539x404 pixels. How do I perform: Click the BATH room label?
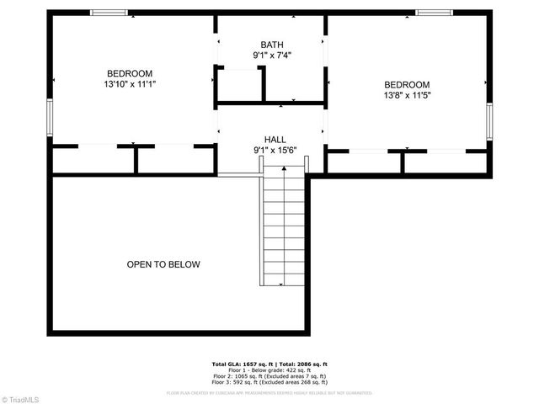(272, 45)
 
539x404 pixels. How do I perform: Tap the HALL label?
(275, 140)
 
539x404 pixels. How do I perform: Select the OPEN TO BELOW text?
(163, 264)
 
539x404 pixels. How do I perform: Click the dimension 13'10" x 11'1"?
(131, 84)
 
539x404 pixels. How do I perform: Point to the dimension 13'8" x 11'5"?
(407, 95)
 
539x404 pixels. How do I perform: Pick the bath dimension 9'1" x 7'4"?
(272, 56)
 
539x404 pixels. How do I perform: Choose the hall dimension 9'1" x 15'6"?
(275, 151)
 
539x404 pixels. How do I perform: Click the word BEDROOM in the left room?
(131, 72)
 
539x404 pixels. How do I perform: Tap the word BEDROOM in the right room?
(407, 84)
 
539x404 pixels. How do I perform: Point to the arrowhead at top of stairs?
(284, 169)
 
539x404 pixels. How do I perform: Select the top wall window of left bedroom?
(109, 13)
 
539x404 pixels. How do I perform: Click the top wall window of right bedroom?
(435, 13)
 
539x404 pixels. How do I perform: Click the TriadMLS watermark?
(22, 398)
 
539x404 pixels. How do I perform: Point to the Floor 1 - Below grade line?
(269, 369)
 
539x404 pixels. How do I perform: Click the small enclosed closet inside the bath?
(237, 86)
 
